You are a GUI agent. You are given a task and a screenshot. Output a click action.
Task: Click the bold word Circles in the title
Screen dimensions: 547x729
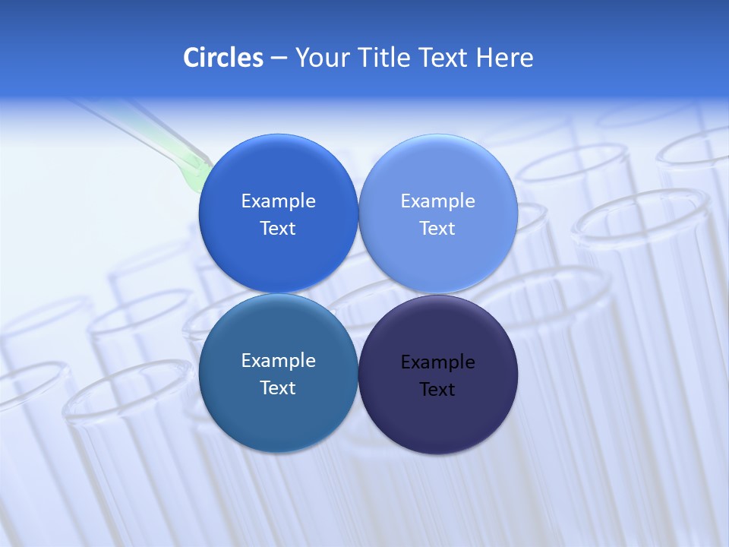pyautogui.click(x=222, y=58)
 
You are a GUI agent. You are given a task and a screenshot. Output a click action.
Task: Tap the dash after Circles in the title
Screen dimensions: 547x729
pyautogui.click(x=279, y=58)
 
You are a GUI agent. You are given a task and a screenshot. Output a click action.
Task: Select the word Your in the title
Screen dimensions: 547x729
pyautogui.click(x=318, y=58)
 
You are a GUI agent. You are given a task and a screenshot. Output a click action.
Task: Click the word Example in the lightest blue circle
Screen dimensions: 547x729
pyautogui.click(x=437, y=201)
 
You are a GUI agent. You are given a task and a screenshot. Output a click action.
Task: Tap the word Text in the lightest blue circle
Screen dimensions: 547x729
pyautogui.click(x=437, y=229)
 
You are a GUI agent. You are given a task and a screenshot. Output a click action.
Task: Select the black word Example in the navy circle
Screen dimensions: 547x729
pyautogui.click(x=437, y=362)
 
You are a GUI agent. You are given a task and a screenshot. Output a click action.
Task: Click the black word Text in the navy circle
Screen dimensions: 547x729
pyautogui.click(x=437, y=390)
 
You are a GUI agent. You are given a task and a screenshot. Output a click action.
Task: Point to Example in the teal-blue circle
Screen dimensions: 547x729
pyautogui.click(x=278, y=361)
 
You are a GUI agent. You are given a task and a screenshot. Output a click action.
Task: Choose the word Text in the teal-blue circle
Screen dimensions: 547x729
pyautogui.click(x=278, y=388)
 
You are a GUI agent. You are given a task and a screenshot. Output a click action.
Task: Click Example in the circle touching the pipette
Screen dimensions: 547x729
pyautogui.click(x=278, y=201)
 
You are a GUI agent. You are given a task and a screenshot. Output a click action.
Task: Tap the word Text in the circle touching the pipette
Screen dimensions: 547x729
pyautogui.click(x=278, y=229)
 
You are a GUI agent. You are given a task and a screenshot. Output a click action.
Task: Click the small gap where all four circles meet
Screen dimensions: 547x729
pyautogui.click(x=358, y=293)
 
